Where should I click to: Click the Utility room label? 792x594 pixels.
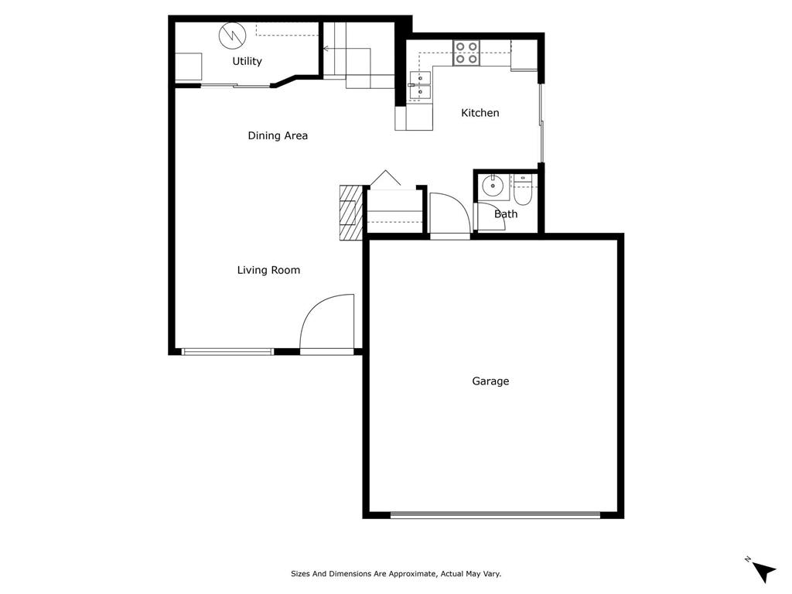(x=247, y=61)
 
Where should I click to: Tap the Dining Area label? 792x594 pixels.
(x=278, y=135)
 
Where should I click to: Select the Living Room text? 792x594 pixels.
(x=268, y=270)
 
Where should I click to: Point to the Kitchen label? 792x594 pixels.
(x=480, y=113)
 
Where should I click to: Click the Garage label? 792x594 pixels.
(x=490, y=381)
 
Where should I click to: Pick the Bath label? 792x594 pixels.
(x=506, y=214)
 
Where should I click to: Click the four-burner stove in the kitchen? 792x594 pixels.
(x=466, y=52)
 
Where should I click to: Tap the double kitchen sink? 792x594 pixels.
(x=421, y=85)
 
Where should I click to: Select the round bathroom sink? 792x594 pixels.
(x=491, y=186)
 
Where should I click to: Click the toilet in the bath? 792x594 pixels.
(x=522, y=191)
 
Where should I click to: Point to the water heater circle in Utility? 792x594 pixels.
(x=231, y=35)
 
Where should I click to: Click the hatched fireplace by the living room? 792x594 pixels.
(x=350, y=213)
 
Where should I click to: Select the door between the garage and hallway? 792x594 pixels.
(x=449, y=214)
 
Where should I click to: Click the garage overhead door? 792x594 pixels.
(x=495, y=514)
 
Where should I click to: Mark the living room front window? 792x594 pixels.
(x=227, y=352)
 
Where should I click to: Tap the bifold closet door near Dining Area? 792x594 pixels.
(x=385, y=179)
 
